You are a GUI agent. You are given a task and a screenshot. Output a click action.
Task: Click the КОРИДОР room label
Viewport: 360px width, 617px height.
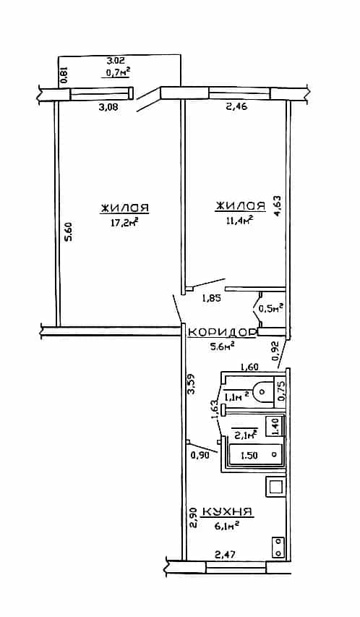point(222,333)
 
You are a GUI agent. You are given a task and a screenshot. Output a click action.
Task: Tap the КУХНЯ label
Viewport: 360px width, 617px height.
point(227,511)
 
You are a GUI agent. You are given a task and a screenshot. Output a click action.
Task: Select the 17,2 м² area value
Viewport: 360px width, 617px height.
point(125,223)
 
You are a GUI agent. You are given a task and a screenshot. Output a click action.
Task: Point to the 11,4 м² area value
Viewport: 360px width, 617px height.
point(239,221)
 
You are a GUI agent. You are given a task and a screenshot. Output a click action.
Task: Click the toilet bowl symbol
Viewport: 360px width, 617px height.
point(262,391)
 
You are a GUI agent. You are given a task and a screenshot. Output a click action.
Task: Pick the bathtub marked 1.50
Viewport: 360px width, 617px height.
point(256,455)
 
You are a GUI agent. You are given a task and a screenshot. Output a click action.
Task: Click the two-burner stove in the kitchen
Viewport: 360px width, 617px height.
point(278,547)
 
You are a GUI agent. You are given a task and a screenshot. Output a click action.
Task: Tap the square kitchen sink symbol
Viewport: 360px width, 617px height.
point(275,486)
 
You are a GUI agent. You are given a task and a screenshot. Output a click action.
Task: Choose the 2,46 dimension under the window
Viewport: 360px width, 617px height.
point(236,106)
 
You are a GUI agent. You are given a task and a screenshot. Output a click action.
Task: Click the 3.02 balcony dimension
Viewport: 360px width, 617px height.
point(116,61)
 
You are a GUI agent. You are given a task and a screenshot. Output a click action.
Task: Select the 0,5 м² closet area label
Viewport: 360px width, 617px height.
point(270,308)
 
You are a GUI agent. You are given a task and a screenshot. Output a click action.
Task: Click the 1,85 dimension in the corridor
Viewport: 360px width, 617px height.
point(211,299)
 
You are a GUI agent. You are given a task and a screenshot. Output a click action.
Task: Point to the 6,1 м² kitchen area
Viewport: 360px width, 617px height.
point(226,525)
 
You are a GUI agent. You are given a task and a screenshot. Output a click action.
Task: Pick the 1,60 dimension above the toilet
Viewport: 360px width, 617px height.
point(249,367)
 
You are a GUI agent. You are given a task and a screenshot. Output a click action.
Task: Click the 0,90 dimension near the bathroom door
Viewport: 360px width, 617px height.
point(199,455)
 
